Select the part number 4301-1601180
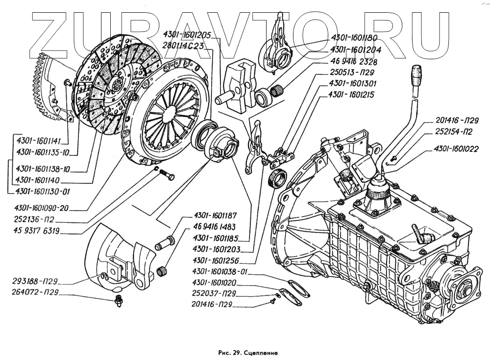(x=353, y=38)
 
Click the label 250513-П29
(x=349, y=72)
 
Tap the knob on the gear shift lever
(x=416, y=78)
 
